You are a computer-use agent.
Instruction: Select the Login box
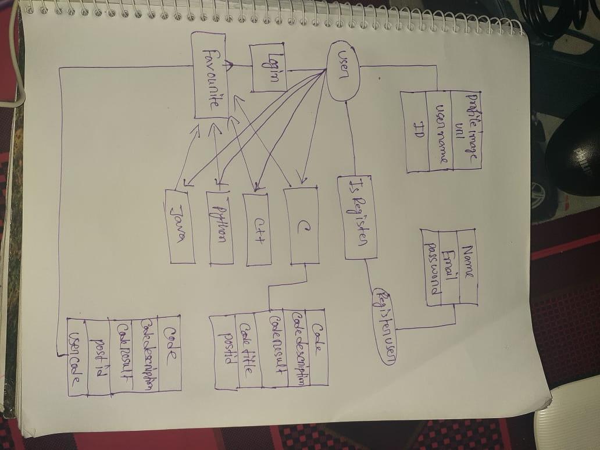(x=268, y=69)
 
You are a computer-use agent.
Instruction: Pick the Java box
(x=180, y=225)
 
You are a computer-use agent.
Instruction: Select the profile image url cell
(x=466, y=129)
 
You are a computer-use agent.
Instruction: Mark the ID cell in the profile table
(x=417, y=131)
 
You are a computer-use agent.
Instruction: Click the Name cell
(x=468, y=267)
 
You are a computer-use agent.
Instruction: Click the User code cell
(x=76, y=356)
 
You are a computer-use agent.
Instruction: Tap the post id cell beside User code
(x=98, y=356)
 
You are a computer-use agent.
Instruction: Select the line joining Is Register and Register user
(x=371, y=273)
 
